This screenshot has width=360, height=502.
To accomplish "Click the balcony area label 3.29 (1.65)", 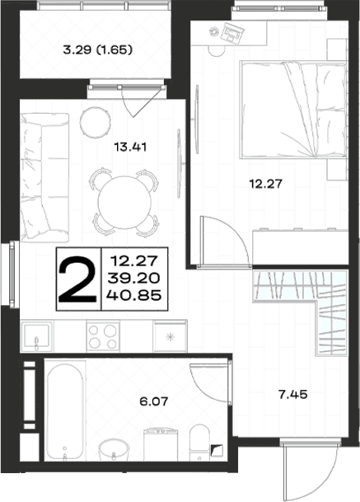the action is [x=97, y=50].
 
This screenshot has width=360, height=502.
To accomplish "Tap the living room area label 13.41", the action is [x=130, y=148].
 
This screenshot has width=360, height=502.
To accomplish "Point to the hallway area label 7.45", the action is [x=292, y=394].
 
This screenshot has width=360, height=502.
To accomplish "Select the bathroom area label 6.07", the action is [x=154, y=401].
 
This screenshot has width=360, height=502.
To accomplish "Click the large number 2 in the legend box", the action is [x=77, y=279].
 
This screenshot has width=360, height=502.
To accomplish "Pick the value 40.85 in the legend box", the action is [x=133, y=295].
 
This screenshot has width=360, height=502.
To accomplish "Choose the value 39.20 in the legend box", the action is [x=133, y=278].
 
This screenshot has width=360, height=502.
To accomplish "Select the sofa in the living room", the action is [x=44, y=177].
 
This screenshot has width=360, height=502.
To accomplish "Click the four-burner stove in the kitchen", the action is [x=103, y=337].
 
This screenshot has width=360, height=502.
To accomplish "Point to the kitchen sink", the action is [x=37, y=337].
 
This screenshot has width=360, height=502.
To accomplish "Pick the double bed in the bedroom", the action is [x=293, y=110].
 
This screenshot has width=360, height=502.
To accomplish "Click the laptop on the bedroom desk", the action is [x=233, y=34].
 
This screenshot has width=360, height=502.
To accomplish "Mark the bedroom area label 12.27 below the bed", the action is [x=266, y=184].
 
